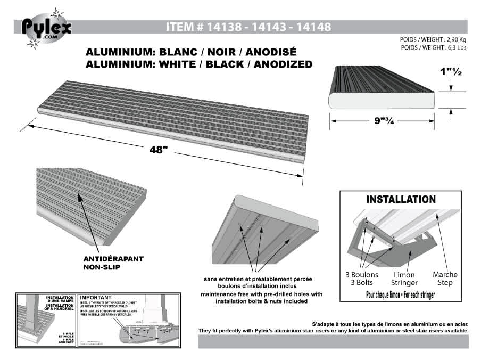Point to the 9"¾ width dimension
tap(383, 121)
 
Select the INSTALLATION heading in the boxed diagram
tap(401, 200)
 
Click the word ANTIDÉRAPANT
tap(113, 259)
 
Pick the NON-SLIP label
tap(101, 267)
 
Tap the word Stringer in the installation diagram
tap(404, 283)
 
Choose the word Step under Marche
tap(445, 282)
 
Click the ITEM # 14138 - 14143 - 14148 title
tap(248, 27)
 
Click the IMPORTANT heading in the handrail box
tap(96, 297)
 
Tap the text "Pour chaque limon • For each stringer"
tap(401, 294)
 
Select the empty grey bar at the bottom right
tap(333, 341)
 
